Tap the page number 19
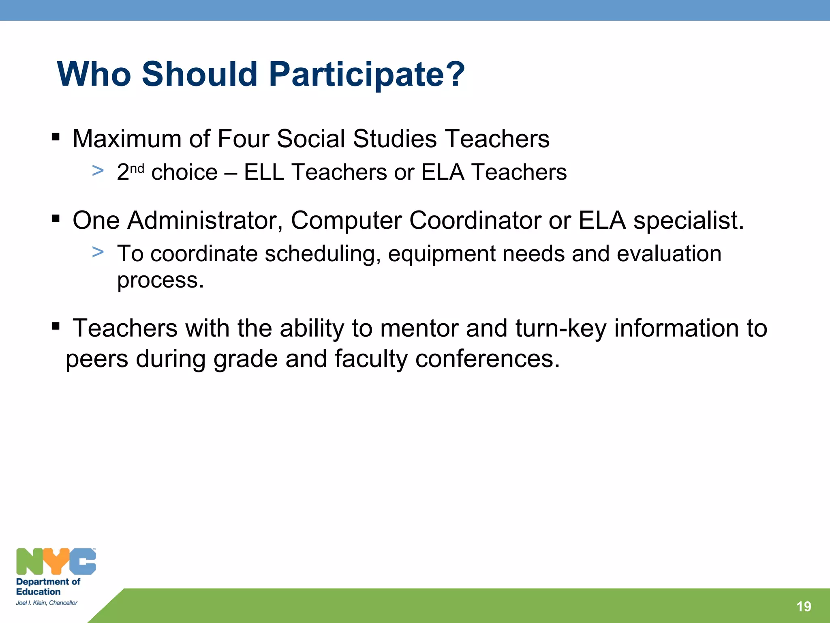coord(804,606)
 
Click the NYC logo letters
coord(56,561)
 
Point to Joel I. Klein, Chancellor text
coord(47,603)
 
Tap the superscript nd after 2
coord(137,168)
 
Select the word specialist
coord(688,221)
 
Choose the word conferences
coord(487,359)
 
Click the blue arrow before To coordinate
coord(98,252)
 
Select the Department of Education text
coord(48,586)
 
